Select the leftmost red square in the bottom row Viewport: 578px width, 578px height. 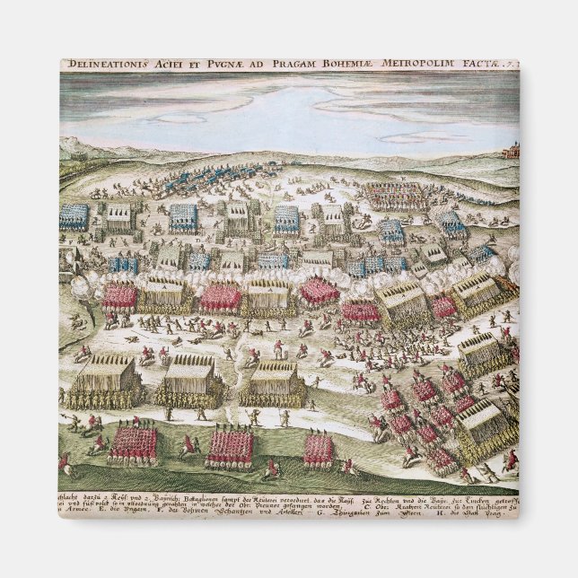click(133, 445)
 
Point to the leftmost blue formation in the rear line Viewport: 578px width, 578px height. click(74, 216)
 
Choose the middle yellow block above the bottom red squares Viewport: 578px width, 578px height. click(190, 378)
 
